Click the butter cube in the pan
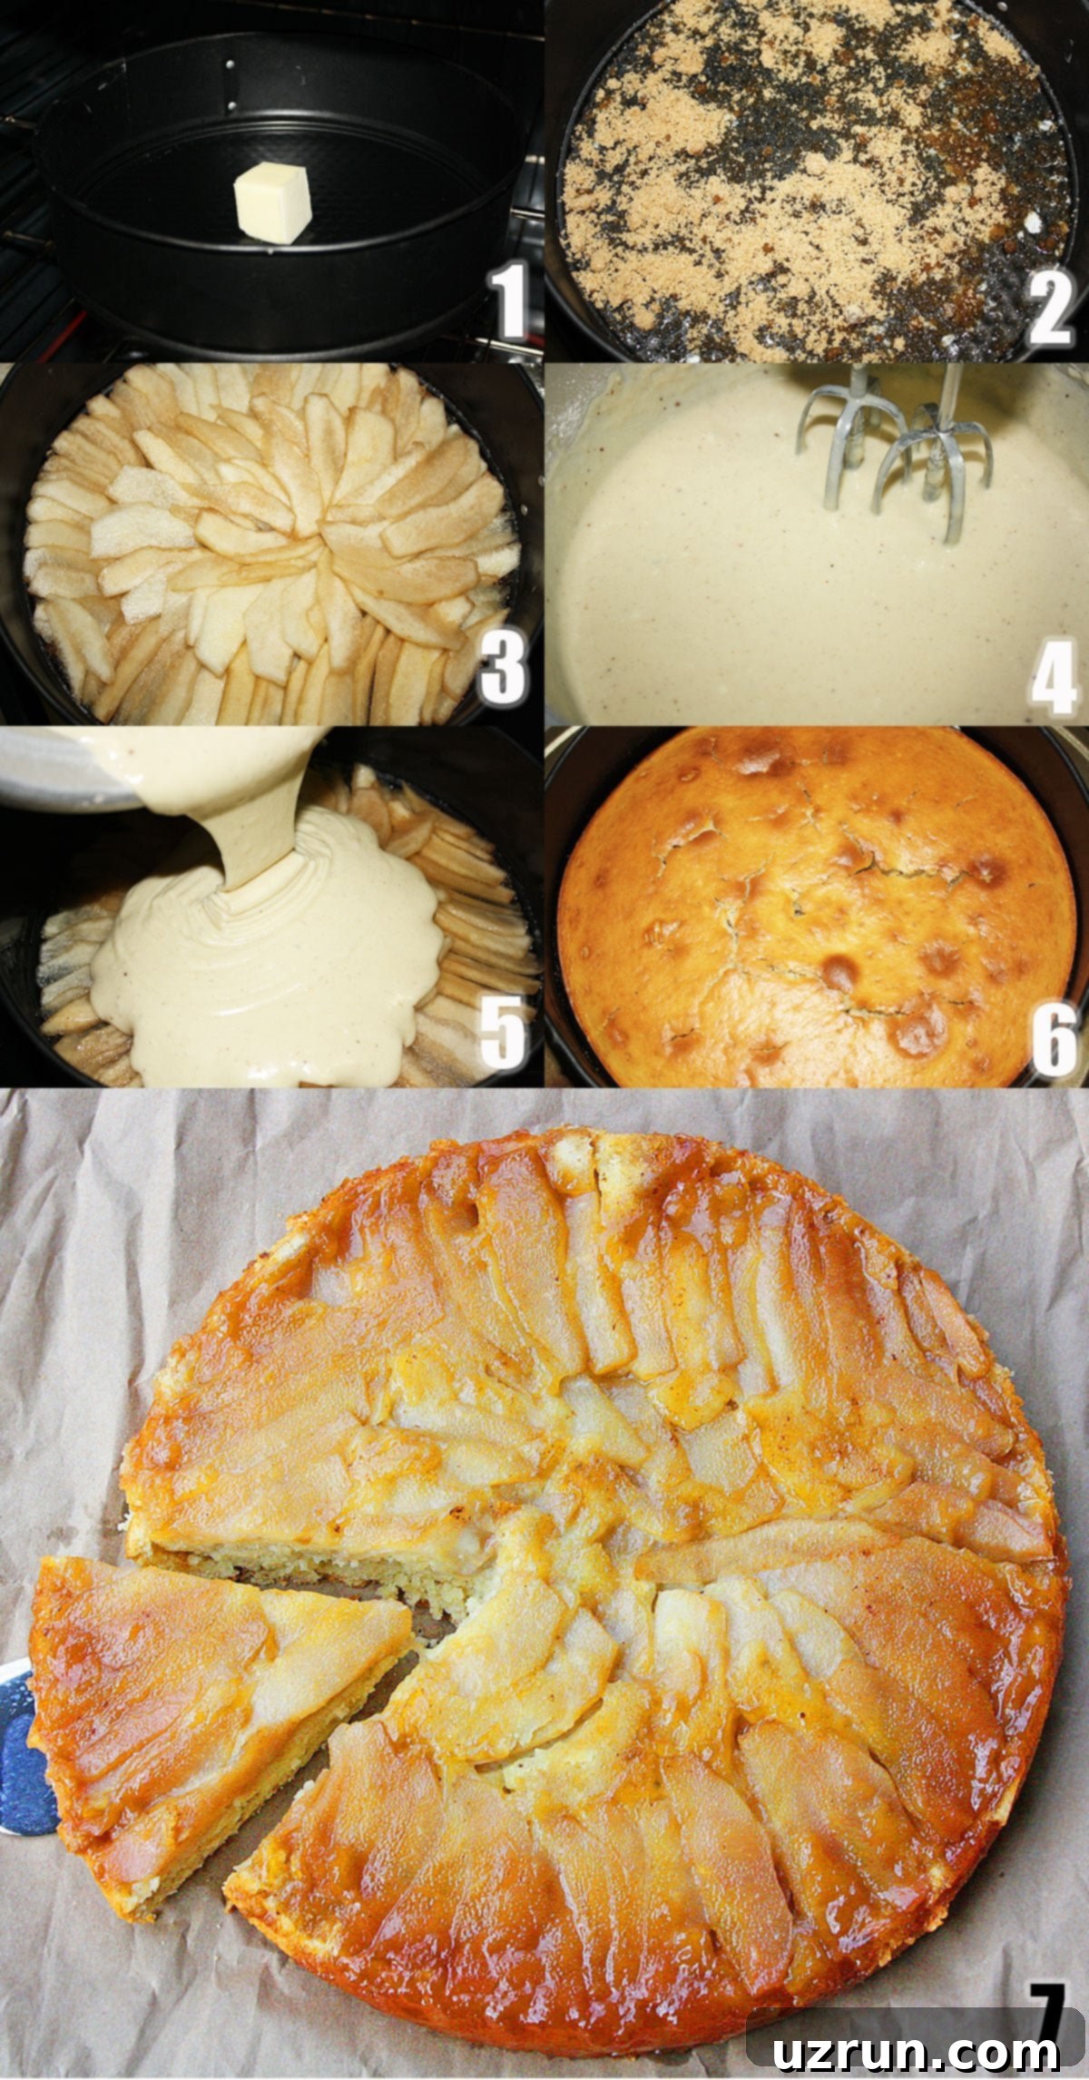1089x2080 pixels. pos(272,204)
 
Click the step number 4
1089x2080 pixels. pos(1054,676)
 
